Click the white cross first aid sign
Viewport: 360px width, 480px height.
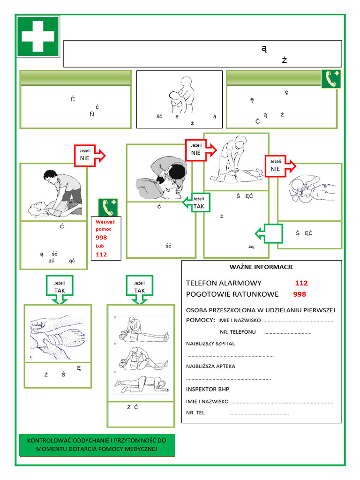38,36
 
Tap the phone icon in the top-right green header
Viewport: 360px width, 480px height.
330,79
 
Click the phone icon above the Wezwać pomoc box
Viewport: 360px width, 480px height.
108,207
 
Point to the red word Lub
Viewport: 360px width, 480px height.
100,246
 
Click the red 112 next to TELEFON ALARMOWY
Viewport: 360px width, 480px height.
301,283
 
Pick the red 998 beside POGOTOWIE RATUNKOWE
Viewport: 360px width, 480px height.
300,294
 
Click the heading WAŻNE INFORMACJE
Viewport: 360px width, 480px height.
261,267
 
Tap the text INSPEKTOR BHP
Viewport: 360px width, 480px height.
208,389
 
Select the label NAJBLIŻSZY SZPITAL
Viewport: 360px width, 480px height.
210,344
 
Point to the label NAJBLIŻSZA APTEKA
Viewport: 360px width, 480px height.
210,366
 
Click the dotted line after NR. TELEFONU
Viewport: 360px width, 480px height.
287,332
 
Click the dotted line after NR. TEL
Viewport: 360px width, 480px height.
259,413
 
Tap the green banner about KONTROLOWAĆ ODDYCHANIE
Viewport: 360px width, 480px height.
97,445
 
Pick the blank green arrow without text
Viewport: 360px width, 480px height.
269,233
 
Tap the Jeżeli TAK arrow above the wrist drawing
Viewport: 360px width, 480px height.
59,287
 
